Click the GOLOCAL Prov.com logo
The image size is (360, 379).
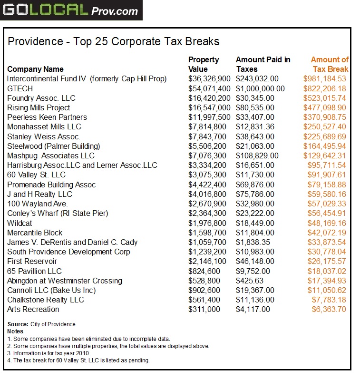(71, 10)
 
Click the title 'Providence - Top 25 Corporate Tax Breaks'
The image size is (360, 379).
(114, 41)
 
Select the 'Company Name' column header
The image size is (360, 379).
(35, 69)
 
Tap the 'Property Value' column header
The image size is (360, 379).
(204, 64)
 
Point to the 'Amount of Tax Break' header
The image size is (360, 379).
(330, 64)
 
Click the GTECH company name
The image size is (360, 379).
(19, 88)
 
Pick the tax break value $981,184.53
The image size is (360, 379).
(325, 79)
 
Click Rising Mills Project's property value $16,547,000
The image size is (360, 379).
(209, 107)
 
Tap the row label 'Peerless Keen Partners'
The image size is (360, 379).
(47, 117)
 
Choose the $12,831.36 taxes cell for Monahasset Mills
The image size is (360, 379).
(255, 126)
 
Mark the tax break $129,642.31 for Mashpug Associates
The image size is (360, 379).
(325, 155)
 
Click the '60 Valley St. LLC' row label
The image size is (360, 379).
(37, 175)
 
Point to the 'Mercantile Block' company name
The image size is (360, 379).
(35, 233)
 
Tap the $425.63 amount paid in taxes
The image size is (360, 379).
(250, 281)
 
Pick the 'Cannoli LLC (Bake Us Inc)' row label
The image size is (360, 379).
(51, 290)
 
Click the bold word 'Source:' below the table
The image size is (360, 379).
(18, 324)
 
